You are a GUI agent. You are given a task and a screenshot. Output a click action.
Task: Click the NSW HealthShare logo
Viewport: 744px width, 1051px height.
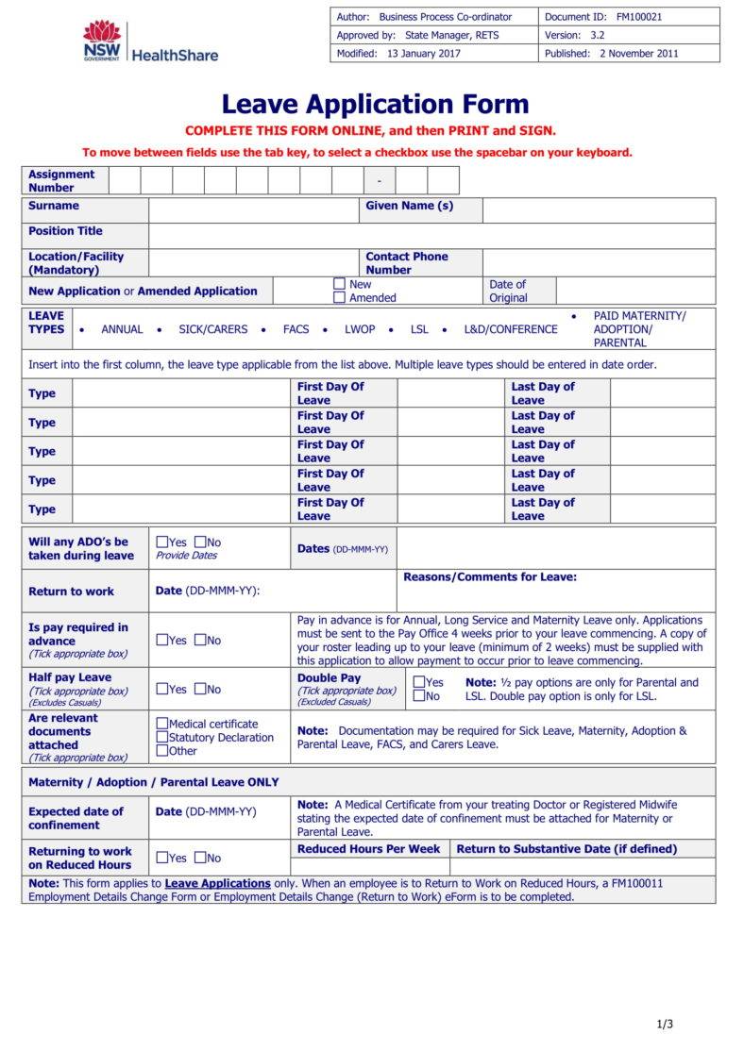(149, 43)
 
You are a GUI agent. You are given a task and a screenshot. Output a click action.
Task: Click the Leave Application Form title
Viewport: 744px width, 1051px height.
(375, 104)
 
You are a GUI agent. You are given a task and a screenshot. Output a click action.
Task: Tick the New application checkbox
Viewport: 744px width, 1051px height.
(339, 284)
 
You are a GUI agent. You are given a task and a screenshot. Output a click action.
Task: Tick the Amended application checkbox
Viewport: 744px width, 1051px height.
(339, 298)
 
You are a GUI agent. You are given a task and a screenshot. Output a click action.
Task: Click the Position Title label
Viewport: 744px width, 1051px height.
(65, 231)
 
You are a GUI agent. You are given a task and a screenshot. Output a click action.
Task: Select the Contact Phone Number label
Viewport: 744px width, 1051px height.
(406, 263)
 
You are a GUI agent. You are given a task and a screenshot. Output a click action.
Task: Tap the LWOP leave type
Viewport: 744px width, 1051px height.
(360, 329)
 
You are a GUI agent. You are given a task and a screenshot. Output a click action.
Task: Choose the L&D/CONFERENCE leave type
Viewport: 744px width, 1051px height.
(510, 329)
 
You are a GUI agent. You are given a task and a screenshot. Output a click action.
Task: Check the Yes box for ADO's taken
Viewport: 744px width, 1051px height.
(161, 542)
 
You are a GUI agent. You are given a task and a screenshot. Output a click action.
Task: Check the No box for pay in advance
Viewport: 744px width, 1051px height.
(200, 641)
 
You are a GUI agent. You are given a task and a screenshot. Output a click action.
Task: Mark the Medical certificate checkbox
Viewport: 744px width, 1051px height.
(161, 725)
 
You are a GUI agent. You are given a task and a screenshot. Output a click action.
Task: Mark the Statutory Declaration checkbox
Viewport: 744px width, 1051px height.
(161, 738)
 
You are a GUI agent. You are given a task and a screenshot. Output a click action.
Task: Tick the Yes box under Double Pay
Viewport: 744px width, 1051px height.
(418, 682)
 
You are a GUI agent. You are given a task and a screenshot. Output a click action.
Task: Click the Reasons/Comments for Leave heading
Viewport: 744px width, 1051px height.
(489, 577)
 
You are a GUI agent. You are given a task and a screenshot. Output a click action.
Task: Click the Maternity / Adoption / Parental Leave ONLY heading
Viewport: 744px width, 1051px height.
(153, 782)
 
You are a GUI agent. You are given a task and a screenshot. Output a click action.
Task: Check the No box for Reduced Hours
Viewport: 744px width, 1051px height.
(200, 858)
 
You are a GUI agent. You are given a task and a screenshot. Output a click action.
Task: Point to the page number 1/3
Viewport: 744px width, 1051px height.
(665, 1025)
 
